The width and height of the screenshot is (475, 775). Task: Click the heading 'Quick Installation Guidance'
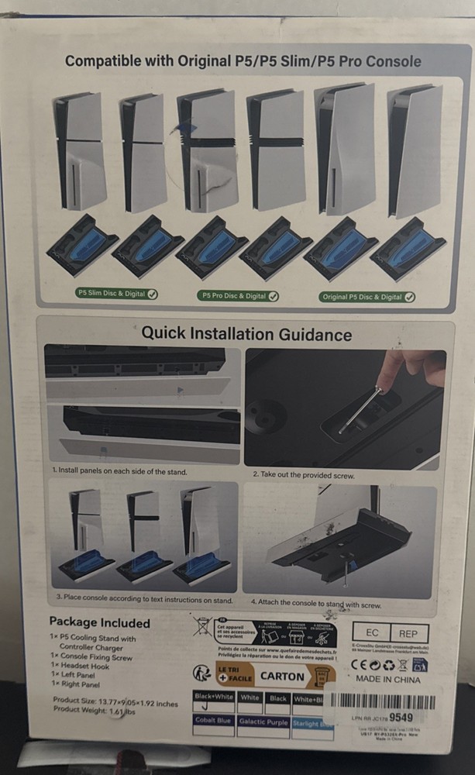[246, 335]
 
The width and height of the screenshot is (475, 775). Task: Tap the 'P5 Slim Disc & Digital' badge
[117, 294]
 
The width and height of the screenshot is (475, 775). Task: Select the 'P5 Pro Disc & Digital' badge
[240, 295]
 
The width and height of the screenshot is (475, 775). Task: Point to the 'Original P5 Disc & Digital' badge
[367, 297]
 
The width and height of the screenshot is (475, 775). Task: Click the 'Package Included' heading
[99, 622]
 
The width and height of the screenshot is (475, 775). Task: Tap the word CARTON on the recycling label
[282, 676]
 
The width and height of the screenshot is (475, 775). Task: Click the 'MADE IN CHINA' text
[388, 680]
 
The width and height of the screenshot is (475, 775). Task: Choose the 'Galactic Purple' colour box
[263, 722]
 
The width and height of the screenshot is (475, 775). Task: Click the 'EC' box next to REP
[370, 632]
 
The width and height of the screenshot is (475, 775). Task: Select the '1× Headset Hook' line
[80, 666]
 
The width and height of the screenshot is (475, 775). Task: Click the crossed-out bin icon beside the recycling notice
[203, 626]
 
